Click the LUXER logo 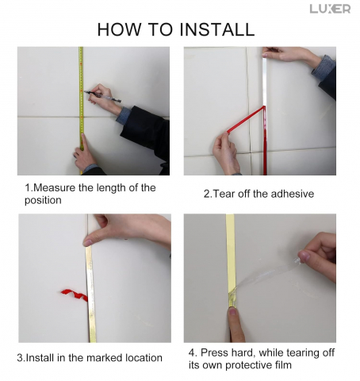pyautogui.click(x=330, y=9)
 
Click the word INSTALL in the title pyautogui.click(x=217, y=29)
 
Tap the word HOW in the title pyautogui.click(x=119, y=29)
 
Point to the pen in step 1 pyautogui.click(x=102, y=96)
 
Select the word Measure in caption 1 pyautogui.click(x=55, y=188)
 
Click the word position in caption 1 pyautogui.click(x=43, y=200)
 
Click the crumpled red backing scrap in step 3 pyautogui.click(x=75, y=294)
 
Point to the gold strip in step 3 pyautogui.click(x=90, y=294)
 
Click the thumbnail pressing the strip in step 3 pyautogui.click(x=88, y=242)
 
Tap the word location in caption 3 pyautogui.click(x=144, y=358)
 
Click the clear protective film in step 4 pyautogui.click(x=267, y=275)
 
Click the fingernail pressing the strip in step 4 pyautogui.click(x=232, y=311)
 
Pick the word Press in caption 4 pyautogui.click(x=215, y=352)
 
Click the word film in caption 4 pyautogui.click(x=283, y=365)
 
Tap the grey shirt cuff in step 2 pyautogui.click(x=324, y=67)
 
